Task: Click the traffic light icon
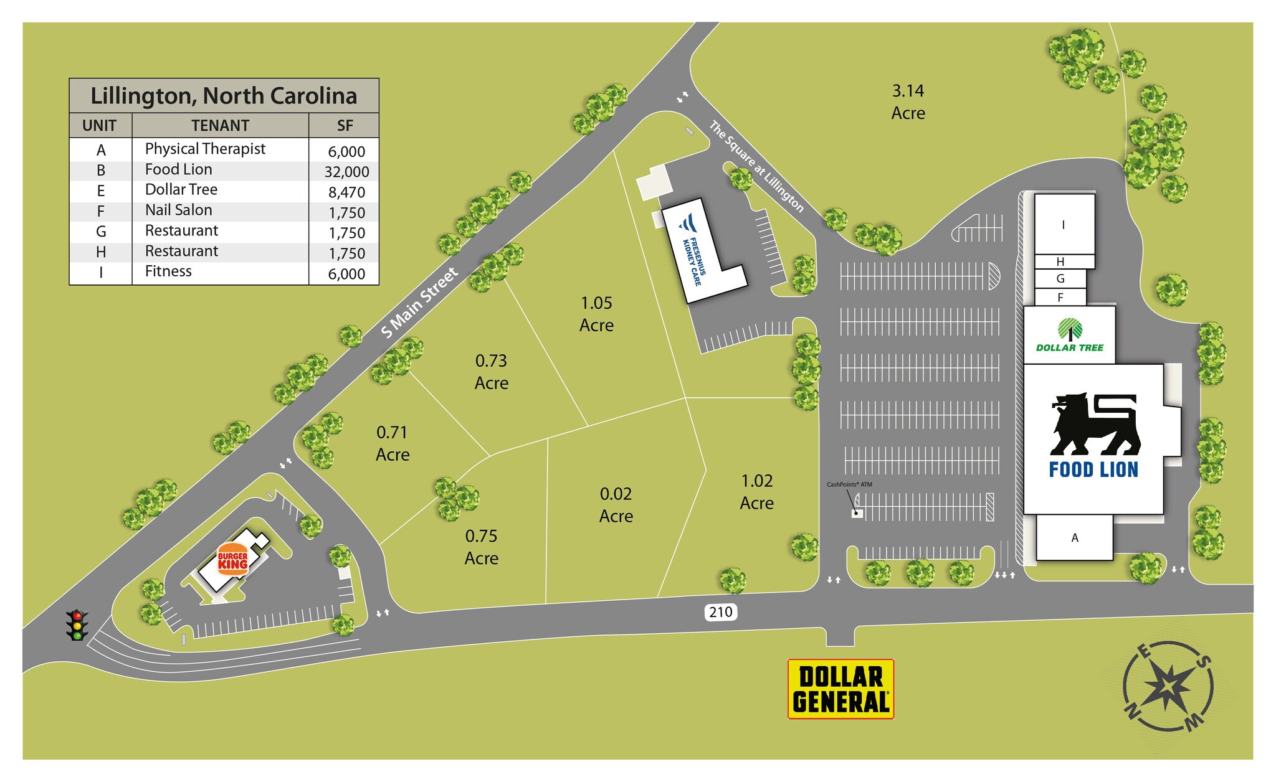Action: click(77, 625)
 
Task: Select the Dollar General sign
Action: click(840, 689)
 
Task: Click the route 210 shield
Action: click(720, 612)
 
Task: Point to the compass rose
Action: click(1168, 685)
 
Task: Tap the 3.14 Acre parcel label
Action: click(908, 102)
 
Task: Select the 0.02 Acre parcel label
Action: click(616, 505)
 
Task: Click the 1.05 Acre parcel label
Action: click(596, 314)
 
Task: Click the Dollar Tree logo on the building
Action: click(1070, 335)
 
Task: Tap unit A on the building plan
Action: click(1074, 538)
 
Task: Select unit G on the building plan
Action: click(1060, 279)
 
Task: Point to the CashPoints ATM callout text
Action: click(849, 484)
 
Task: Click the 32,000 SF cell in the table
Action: click(346, 172)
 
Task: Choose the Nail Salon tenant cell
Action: click(179, 210)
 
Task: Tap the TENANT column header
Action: click(220, 126)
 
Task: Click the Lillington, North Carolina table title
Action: click(224, 96)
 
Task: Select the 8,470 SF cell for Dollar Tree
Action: click(346, 192)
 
